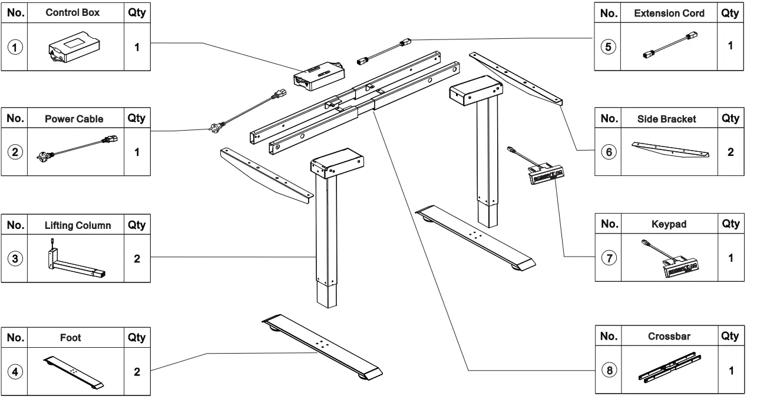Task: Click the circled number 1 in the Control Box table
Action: pyautogui.click(x=14, y=48)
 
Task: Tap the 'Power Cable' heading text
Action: pyautogui.click(x=74, y=119)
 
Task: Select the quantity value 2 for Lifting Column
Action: pyautogui.click(x=137, y=259)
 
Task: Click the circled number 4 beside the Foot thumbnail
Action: pyautogui.click(x=14, y=372)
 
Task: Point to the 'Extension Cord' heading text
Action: pyautogui.click(x=669, y=14)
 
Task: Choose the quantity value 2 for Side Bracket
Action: pyautogui.click(x=730, y=152)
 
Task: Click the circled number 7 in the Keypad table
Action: pyautogui.click(x=608, y=259)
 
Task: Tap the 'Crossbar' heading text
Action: pyautogui.click(x=669, y=337)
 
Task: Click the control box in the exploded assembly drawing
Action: pyautogui.click(x=319, y=76)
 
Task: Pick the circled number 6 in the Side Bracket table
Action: pyautogui.click(x=608, y=152)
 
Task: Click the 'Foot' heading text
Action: pyautogui.click(x=71, y=338)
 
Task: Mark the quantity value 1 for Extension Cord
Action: pyautogui.click(x=730, y=45)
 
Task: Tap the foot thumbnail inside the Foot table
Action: pyautogui.click(x=74, y=372)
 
